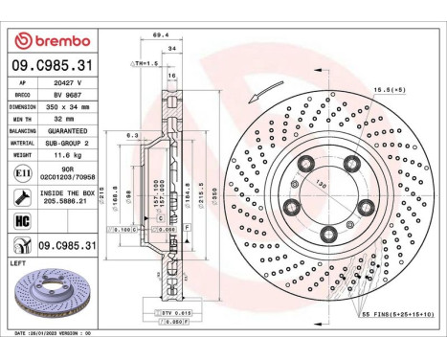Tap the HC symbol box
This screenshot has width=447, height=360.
pyautogui.click(x=22, y=222)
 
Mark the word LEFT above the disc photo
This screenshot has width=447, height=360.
pyautogui.click(x=18, y=260)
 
